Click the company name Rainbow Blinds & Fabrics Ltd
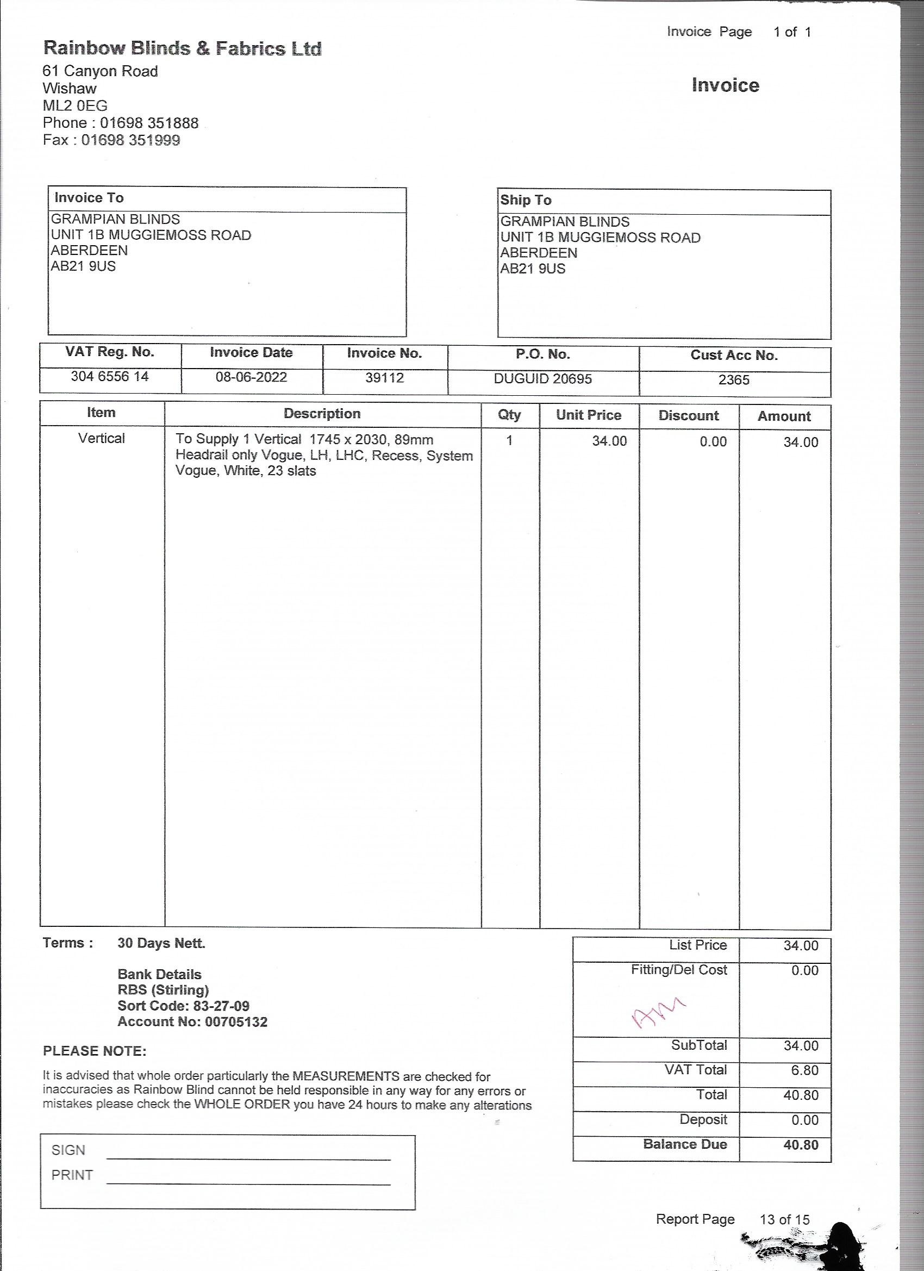pyautogui.click(x=182, y=48)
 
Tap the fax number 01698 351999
pyautogui.click(x=130, y=140)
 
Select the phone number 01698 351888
pyautogui.click(x=149, y=123)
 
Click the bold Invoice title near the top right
pyautogui.click(x=725, y=85)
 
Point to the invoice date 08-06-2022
pyautogui.click(x=251, y=377)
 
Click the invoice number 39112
pyautogui.click(x=384, y=378)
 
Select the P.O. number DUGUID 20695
pyautogui.click(x=542, y=379)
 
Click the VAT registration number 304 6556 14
pyautogui.click(x=109, y=376)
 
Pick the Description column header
pyautogui.click(x=322, y=414)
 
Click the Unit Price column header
pyautogui.click(x=588, y=415)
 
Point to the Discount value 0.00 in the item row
pyautogui.click(x=713, y=441)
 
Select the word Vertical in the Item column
pyautogui.click(x=102, y=438)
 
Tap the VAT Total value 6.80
pyautogui.click(x=804, y=1070)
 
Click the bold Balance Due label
pyautogui.click(x=685, y=1144)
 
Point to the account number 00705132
pyautogui.click(x=236, y=1021)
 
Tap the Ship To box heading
pyautogui.click(x=526, y=200)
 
